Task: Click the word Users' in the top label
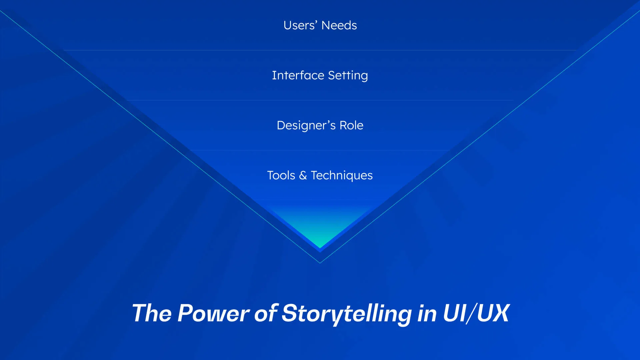[x=300, y=25]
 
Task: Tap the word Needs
[x=339, y=25]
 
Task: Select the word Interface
[x=298, y=75]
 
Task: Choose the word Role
[x=351, y=125]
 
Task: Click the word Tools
[x=281, y=175]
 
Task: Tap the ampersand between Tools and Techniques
[x=303, y=175]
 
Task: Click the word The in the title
[x=152, y=313]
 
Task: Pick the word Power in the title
[x=213, y=313]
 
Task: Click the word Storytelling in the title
[x=347, y=314]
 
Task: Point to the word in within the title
[x=427, y=313]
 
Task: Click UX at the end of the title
[x=493, y=313]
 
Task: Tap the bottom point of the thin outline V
[x=320, y=263]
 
